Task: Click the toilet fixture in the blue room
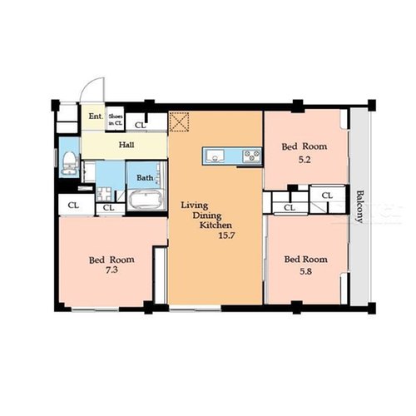[x=69, y=164]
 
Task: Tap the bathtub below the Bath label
[x=146, y=200]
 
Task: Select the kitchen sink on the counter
[x=215, y=156]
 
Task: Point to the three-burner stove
[x=252, y=156]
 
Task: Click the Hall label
[x=126, y=145]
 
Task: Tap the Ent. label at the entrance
[x=96, y=116]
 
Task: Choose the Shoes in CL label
[x=116, y=120]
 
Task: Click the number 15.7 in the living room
[x=226, y=235]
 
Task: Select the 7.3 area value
[x=111, y=270]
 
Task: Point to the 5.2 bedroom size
[x=305, y=160]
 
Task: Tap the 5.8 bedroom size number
[x=305, y=271]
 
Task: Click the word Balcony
[x=359, y=206]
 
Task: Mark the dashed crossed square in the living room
[x=179, y=121]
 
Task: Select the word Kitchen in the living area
[x=215, y=225]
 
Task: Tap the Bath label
[x=145, y=178]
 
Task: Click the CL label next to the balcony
[x=327, y=196]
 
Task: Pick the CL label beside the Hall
[x=141, y=126]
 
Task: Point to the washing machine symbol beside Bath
[x=104, y=194]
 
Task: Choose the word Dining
[x=207, y=215]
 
